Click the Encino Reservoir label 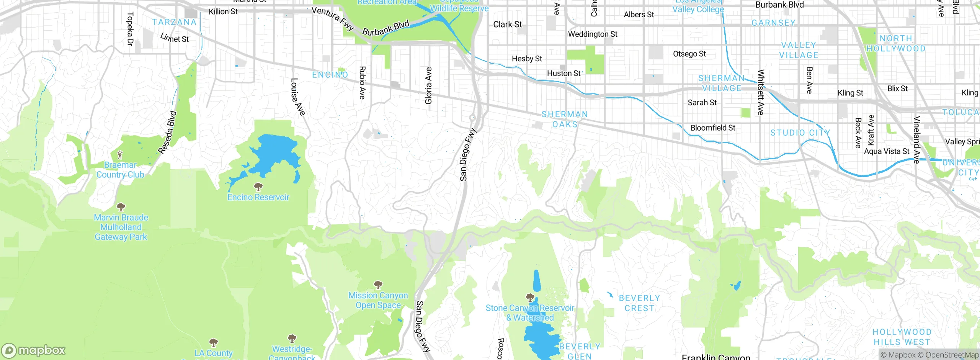point(258,197)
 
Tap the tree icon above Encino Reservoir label point(258,187)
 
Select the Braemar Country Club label point(120,170)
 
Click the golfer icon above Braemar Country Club point(120,155)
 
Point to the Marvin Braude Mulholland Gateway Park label point(121,227)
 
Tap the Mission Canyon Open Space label point(378,300)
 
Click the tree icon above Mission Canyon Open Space point(378,285)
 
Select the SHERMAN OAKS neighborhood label point(565,119)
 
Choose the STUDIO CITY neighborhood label point(800,133)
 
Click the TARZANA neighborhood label point(174,22)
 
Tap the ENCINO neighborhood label point(330,75)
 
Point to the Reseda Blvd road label point(167,132)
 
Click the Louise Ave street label point(297,97)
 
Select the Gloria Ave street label point(428,85)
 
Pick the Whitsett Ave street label point(761,92)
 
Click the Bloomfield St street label point(713,128)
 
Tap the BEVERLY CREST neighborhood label point(639,303)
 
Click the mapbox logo point(34,350)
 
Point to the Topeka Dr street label point(130,29)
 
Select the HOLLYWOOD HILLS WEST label point(902,337)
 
